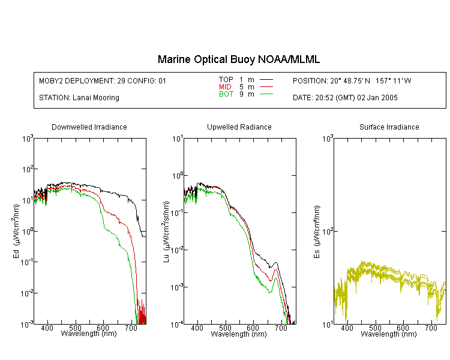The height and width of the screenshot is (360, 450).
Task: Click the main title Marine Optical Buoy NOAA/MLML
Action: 238,59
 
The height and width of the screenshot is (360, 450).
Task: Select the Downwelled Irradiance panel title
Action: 89,127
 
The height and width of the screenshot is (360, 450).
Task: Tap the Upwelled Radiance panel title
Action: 239,127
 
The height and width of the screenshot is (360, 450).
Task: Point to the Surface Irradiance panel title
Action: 389,127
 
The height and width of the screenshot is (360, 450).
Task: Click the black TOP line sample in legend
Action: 266,80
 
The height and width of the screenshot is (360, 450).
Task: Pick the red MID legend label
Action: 225,86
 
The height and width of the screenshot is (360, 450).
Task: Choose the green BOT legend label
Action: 226,94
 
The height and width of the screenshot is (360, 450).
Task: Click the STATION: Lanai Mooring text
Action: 79,98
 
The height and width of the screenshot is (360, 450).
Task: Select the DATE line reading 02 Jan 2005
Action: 345,98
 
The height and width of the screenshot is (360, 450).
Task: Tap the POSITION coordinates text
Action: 352,80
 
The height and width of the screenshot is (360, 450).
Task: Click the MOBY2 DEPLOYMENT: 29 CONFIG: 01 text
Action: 103,80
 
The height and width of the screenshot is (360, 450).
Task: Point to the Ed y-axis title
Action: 16,231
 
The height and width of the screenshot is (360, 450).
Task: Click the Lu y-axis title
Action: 166,232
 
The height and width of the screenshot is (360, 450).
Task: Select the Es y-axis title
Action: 317,232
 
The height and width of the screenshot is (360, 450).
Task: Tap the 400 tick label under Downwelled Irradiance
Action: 47,328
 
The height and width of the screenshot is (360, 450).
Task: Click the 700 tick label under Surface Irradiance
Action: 431,328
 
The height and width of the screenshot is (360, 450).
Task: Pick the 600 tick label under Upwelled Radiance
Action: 253,328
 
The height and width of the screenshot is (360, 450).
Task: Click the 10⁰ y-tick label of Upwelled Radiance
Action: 178,176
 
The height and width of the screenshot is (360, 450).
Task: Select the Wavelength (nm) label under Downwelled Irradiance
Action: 89,334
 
